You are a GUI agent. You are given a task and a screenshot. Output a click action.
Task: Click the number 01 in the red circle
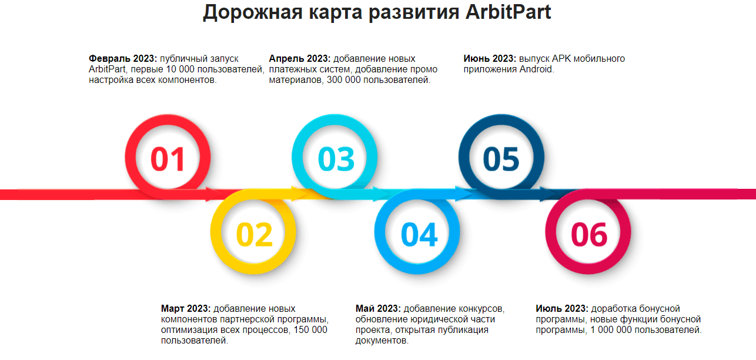(168, 159)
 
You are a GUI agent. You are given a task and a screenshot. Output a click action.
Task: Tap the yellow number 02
(254, 234)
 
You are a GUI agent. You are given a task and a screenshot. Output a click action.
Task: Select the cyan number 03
(336, 159)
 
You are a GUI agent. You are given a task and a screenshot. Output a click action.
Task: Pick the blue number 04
(419, 234)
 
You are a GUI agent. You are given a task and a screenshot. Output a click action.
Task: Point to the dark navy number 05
(501, 159)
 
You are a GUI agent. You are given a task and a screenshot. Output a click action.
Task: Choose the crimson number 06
(589, 234)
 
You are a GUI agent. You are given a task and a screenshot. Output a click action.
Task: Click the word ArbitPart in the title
(509, 12)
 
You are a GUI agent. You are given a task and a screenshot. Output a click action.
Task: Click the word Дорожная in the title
(252, 13)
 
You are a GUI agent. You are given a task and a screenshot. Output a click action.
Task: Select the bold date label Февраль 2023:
(123, 59)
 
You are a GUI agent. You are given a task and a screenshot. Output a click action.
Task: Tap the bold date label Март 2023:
(186, 309)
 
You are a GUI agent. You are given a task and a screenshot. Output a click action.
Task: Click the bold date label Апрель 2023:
(300, 59)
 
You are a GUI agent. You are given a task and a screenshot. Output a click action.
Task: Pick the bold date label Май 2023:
(378, 309)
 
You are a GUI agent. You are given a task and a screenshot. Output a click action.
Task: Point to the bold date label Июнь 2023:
(490, 59)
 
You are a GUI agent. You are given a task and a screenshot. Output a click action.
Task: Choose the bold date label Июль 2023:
(562, 309)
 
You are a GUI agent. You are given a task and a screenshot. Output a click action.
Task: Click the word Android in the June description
(536, 69)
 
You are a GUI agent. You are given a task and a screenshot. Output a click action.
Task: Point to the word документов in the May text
(382, 341)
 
